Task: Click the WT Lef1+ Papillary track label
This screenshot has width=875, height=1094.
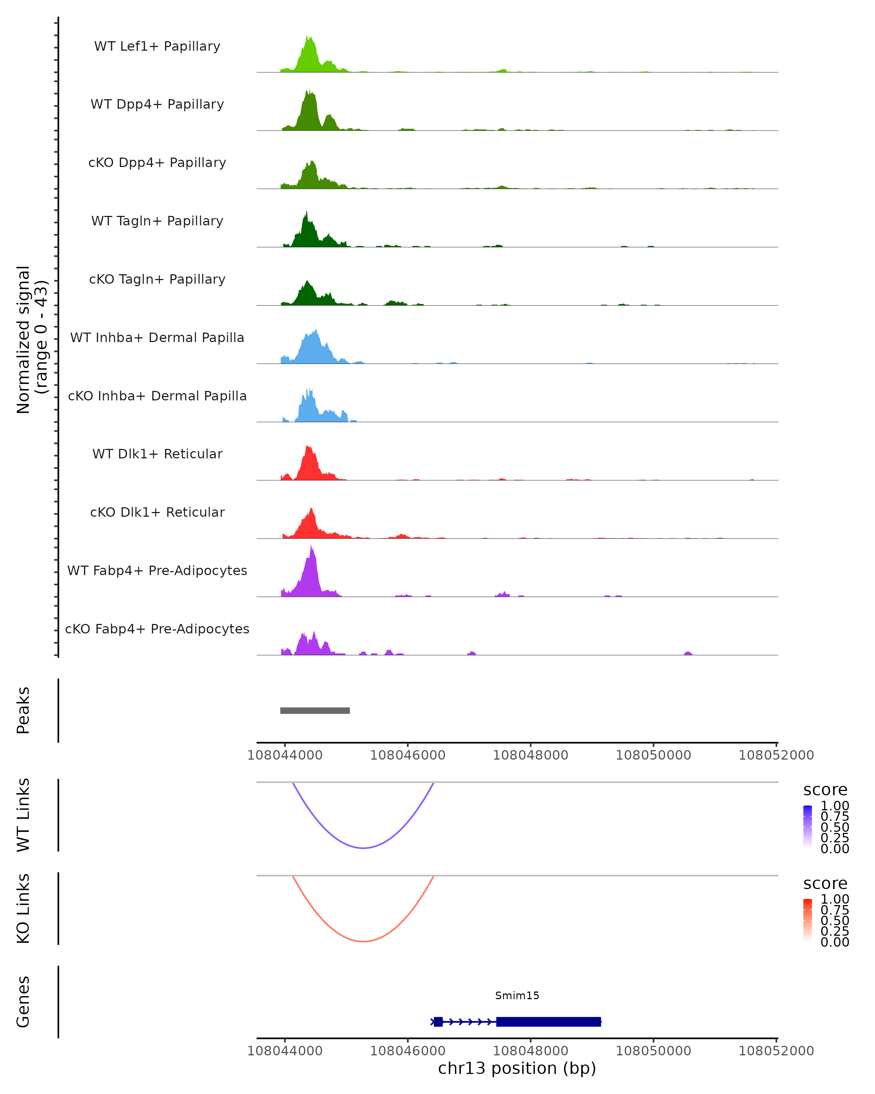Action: (x=157, y=46)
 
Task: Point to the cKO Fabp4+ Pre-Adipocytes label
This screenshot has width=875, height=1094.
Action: (x=157, y=629)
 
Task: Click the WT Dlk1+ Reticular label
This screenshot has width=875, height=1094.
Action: (x=157, y=454)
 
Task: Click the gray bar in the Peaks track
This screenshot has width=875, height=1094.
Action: (x=315, y=710)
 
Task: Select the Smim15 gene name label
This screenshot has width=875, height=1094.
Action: (x=517, y=996)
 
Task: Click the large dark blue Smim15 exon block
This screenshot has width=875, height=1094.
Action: (x=548, y=1021)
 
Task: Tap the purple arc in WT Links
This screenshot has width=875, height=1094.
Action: (x=363, y=848)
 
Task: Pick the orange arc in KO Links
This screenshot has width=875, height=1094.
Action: (x=363, y=941)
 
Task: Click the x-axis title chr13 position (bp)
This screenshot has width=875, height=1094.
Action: (x=517, y=1068)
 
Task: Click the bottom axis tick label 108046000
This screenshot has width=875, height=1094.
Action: (x=408, y=1051)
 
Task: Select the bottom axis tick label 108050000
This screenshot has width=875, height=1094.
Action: (x=653, y=1051)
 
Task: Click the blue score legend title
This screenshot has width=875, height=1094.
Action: (x=825, y=790)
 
